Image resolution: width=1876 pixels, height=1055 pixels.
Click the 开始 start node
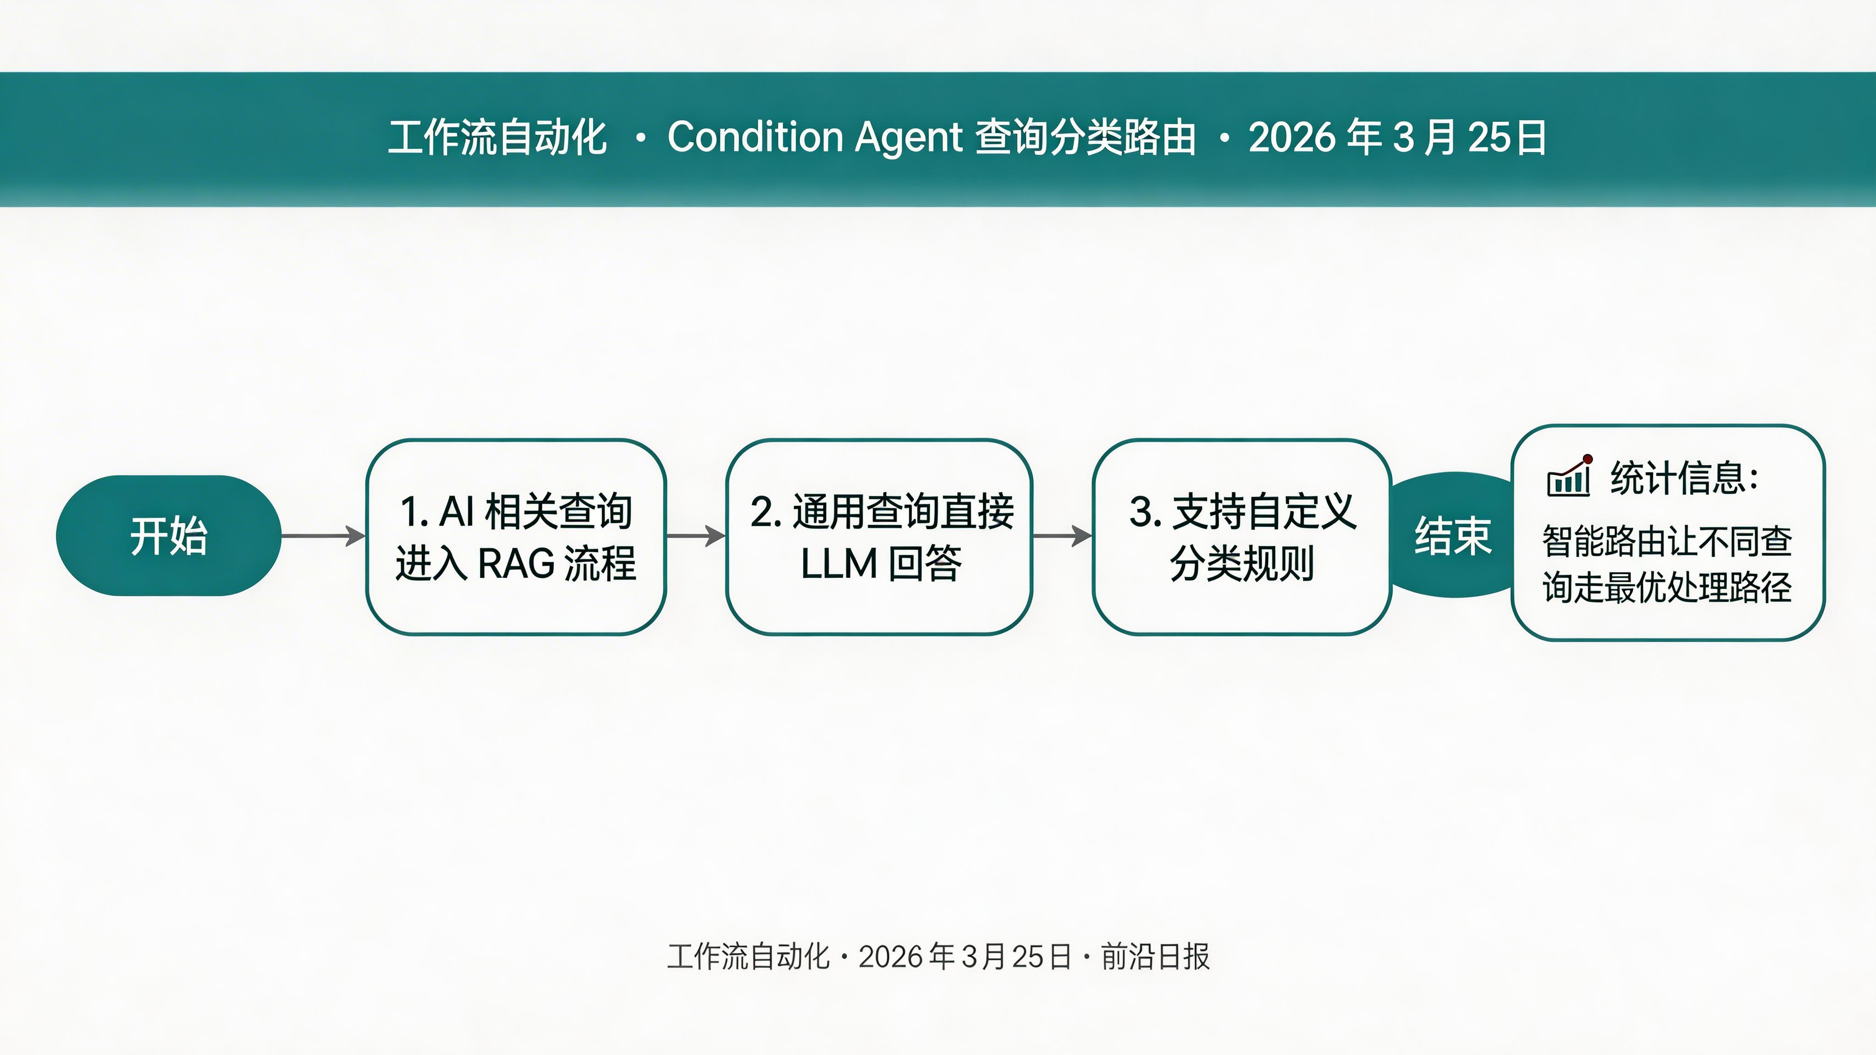coord(168,536)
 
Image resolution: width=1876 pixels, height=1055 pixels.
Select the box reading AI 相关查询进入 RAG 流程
coord(516,537)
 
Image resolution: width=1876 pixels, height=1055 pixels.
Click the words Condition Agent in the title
coord(815,137)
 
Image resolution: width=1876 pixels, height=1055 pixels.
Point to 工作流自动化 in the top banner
coord(497,137)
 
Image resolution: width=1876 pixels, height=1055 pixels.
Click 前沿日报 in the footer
coord(1155,957)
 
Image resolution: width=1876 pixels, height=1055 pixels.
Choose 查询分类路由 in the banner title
coord(1085,137)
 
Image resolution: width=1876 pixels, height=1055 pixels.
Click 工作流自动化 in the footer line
coord(748,957)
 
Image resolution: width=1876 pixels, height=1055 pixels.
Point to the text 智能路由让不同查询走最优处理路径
coord(1667,564)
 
